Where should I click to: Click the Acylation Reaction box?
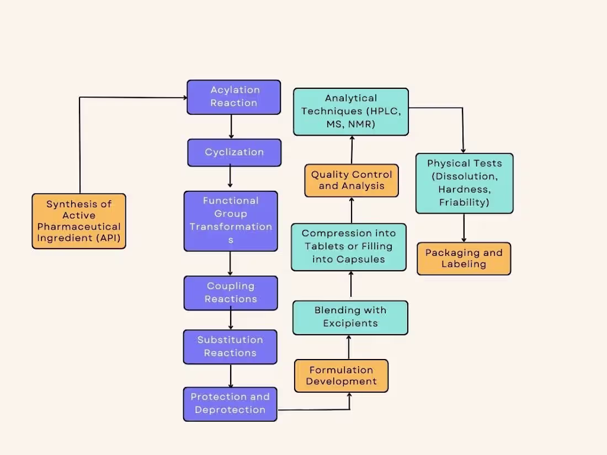tap(234, 97)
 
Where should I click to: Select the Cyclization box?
tap(234, 152)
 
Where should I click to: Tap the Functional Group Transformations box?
tap(231, 221)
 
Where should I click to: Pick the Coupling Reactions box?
tap(231, 293)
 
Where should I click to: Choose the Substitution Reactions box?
tap(230, 347)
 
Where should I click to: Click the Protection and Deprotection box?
tap(230, 404)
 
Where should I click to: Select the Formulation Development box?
tap(341, 376)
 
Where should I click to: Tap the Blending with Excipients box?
tap(350, 317)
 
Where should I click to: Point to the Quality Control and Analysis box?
tap(352, 180)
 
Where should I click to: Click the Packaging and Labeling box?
tap(464, 259)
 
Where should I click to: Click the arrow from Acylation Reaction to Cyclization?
tap(231, 126)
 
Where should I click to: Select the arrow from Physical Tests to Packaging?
tap(464, 228)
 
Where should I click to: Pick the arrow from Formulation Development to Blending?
tap(349, 347)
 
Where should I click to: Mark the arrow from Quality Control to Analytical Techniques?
tap(352, 149)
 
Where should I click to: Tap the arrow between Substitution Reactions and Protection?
tap(231, 376)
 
